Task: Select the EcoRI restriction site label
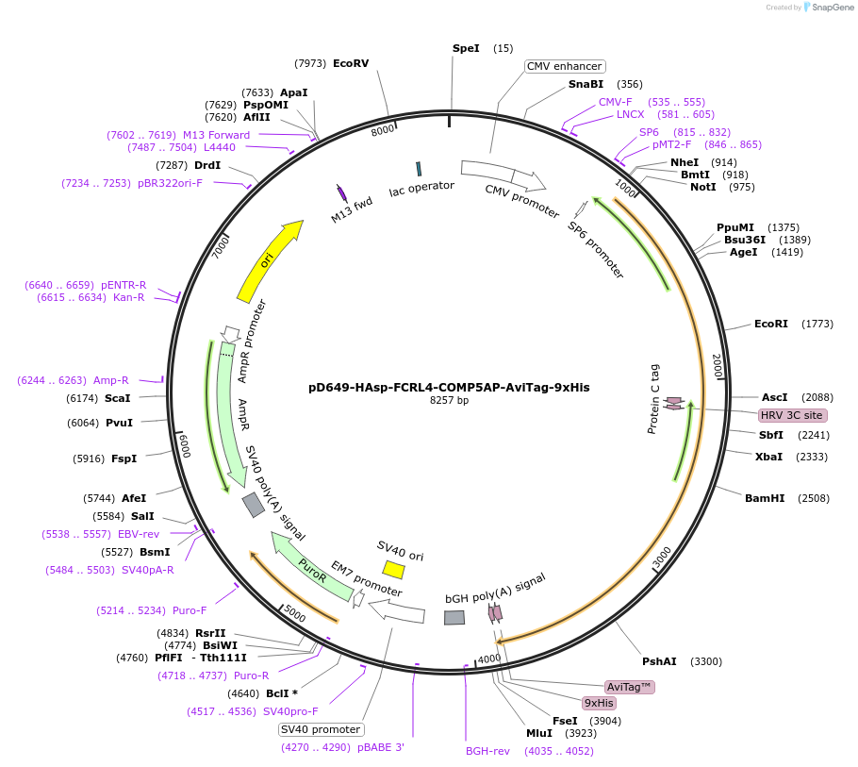pyautogui.click(x=770, y=324)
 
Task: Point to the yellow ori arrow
pyautogui.click(x=269, y=260)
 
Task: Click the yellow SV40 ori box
pyautogui.click(x=393, y=570)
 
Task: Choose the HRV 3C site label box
pyautogui.click(x=792, y=415)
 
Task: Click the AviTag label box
pyautogui.click(x=630, y=687)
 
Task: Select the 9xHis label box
pyautogui.click(x=599, y=703)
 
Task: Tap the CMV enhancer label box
pyautogui.click(x=565, y=66)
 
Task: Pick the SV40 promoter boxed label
pyautogui.click(x=321, y=729)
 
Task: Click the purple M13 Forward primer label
pyautogui.click(x=216, y=135)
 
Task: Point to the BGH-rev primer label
pyautogui.click(x=487, y=751)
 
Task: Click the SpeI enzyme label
pyautogui.click(x=466, y=48)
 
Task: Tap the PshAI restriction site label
pyautogui.click(x=659, y=661)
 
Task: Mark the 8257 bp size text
pyautogui.click(x=449, y=401)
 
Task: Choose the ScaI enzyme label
pyautogui.click(x=118, y=398)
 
